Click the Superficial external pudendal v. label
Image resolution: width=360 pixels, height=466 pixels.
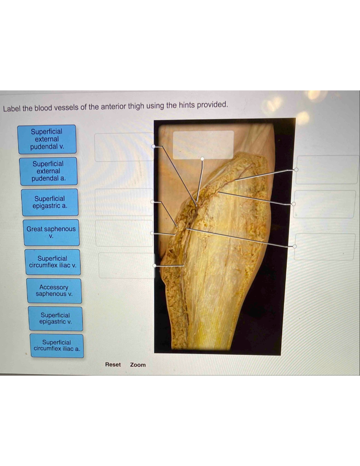47,139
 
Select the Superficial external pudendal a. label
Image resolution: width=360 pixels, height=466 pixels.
48,171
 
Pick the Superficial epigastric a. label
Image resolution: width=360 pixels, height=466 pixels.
50,202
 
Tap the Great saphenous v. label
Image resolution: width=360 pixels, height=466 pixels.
51,232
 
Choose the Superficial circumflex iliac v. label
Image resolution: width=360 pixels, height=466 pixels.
52,262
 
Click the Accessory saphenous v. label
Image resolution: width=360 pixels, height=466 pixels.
54,290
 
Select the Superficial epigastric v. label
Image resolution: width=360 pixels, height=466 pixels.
55,318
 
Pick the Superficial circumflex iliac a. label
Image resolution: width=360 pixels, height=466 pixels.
57,345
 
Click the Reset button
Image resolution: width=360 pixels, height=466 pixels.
113,365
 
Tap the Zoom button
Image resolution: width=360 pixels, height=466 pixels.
138,365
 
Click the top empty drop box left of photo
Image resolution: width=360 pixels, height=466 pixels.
124,147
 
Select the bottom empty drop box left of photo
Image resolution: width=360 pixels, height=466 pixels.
126,265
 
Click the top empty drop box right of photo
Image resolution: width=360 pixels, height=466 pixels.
327,169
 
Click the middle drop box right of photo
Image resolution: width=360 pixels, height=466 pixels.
325,204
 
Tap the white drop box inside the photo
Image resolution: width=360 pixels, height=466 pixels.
203,145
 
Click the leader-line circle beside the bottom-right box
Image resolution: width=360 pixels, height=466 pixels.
294,246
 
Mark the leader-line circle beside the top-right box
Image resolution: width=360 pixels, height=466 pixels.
296,169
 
